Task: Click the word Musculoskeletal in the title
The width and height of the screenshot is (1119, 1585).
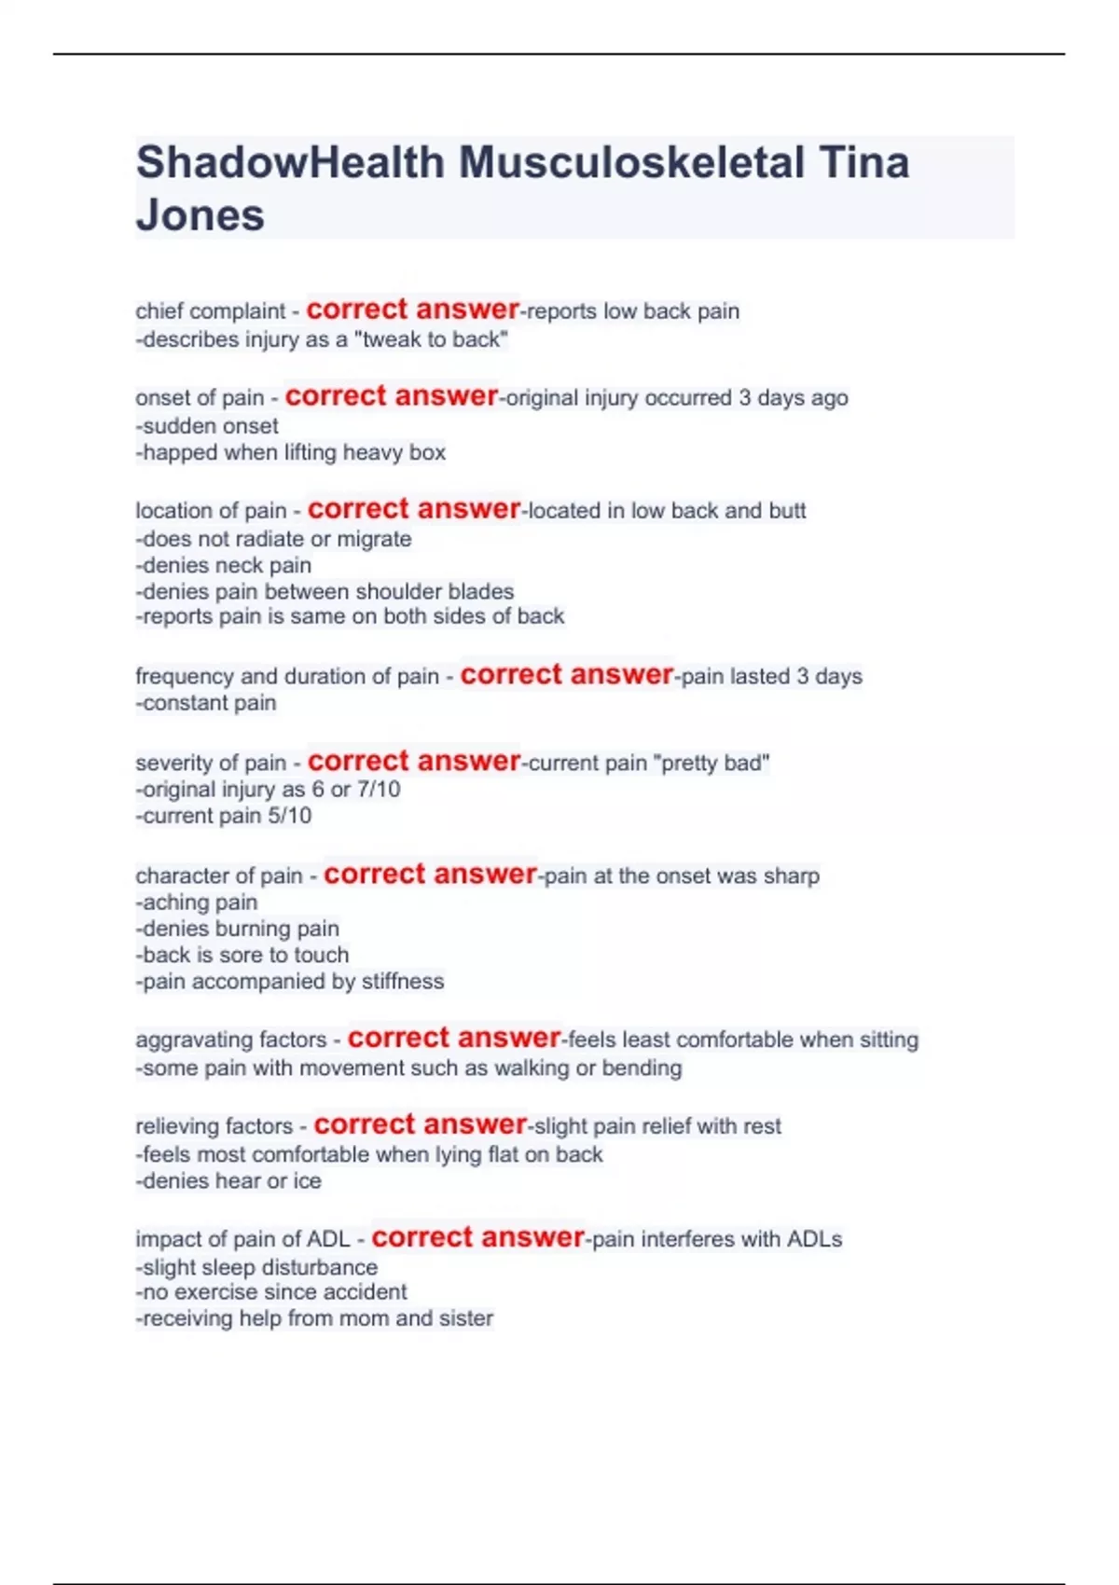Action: (x=630, y=162)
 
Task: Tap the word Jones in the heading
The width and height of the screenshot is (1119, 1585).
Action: (x=200, y=215)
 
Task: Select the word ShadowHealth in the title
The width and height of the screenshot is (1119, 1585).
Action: (x=290, y=162)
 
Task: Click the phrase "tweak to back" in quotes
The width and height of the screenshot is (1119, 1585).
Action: (x=431, y=339)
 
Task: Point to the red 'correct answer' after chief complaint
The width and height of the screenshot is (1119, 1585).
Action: (x=412, y=310)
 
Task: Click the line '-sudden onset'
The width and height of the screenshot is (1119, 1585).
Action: (x=207, y=426)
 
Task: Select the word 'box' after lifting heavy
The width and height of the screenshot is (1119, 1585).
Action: (x=428, y=452)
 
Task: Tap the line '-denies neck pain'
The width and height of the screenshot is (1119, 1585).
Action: (x=224, y=565)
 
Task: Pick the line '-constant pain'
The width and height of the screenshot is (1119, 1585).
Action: (x=206, y=703)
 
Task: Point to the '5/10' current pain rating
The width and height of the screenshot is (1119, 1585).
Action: (x=290, y=816)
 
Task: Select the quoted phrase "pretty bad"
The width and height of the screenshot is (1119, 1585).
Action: (x=714, y=763)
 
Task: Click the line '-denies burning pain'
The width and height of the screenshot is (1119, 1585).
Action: (x=238, y=929)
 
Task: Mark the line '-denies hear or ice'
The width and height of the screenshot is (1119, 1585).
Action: (x=228, y=1181)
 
